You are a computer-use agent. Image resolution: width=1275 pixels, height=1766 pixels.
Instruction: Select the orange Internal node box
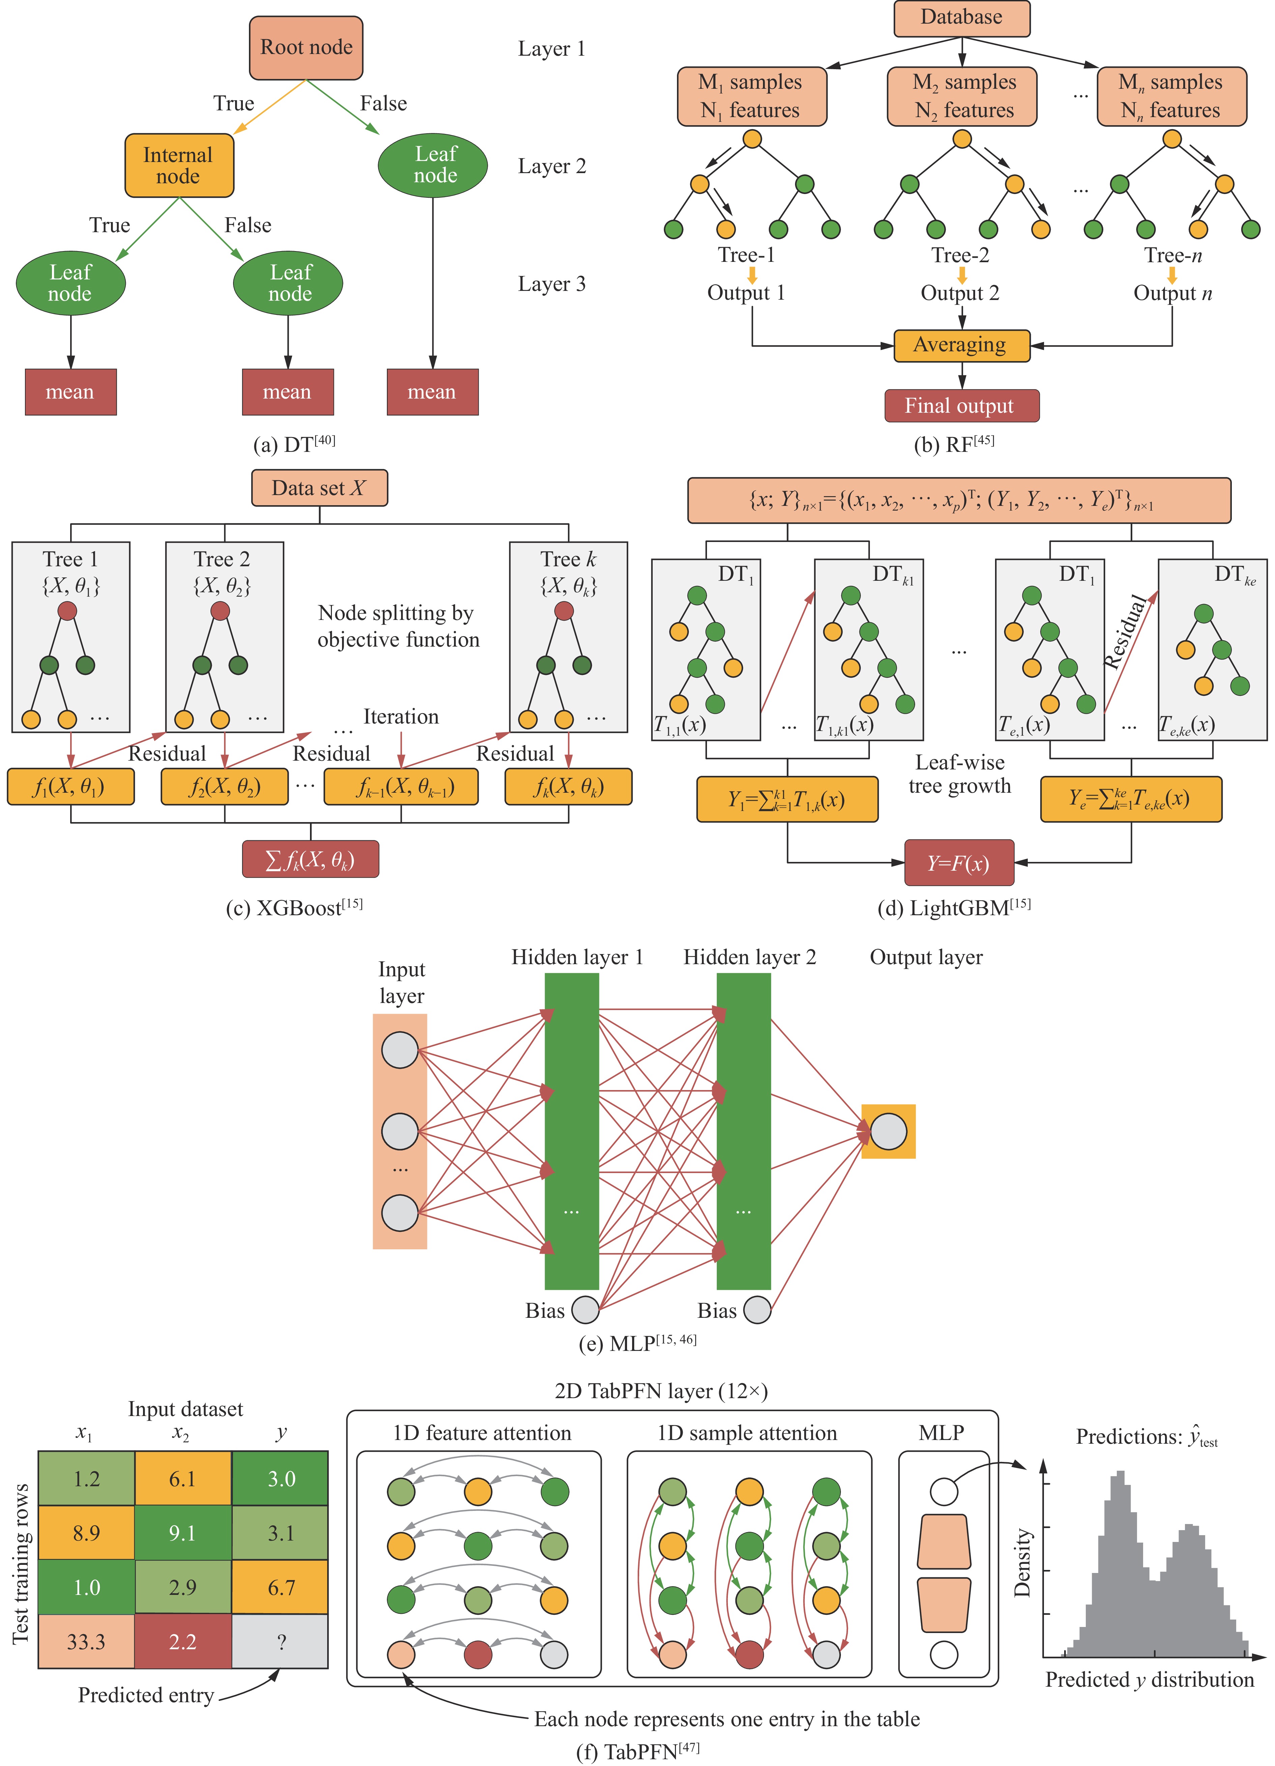179,165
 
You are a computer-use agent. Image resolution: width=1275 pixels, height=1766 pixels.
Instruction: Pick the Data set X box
319,488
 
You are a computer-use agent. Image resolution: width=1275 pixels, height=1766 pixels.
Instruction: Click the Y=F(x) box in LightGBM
959,863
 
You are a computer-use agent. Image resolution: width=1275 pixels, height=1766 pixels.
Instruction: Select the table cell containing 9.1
183,1532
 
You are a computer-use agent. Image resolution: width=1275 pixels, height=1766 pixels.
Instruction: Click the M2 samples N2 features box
962,97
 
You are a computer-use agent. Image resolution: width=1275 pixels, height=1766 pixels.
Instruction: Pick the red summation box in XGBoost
311,859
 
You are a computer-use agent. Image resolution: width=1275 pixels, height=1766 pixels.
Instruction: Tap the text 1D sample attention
747,1433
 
